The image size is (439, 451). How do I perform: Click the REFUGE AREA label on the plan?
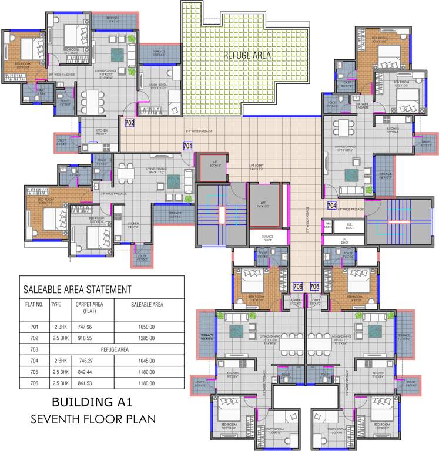247,55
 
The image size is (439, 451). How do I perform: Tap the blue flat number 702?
130,123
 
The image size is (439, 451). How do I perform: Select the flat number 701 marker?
187,145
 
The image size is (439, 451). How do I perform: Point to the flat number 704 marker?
332,206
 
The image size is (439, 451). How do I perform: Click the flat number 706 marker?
298,286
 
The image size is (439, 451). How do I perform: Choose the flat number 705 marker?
314,286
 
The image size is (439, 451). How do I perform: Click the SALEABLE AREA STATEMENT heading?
76,290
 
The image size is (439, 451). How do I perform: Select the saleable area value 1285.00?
146,338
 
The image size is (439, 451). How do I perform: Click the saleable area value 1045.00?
146,361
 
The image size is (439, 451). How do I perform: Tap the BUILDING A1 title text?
93,403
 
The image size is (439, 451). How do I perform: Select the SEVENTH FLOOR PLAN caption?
93,419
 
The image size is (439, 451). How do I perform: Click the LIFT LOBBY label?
256,166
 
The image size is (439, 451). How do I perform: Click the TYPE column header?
56,305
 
